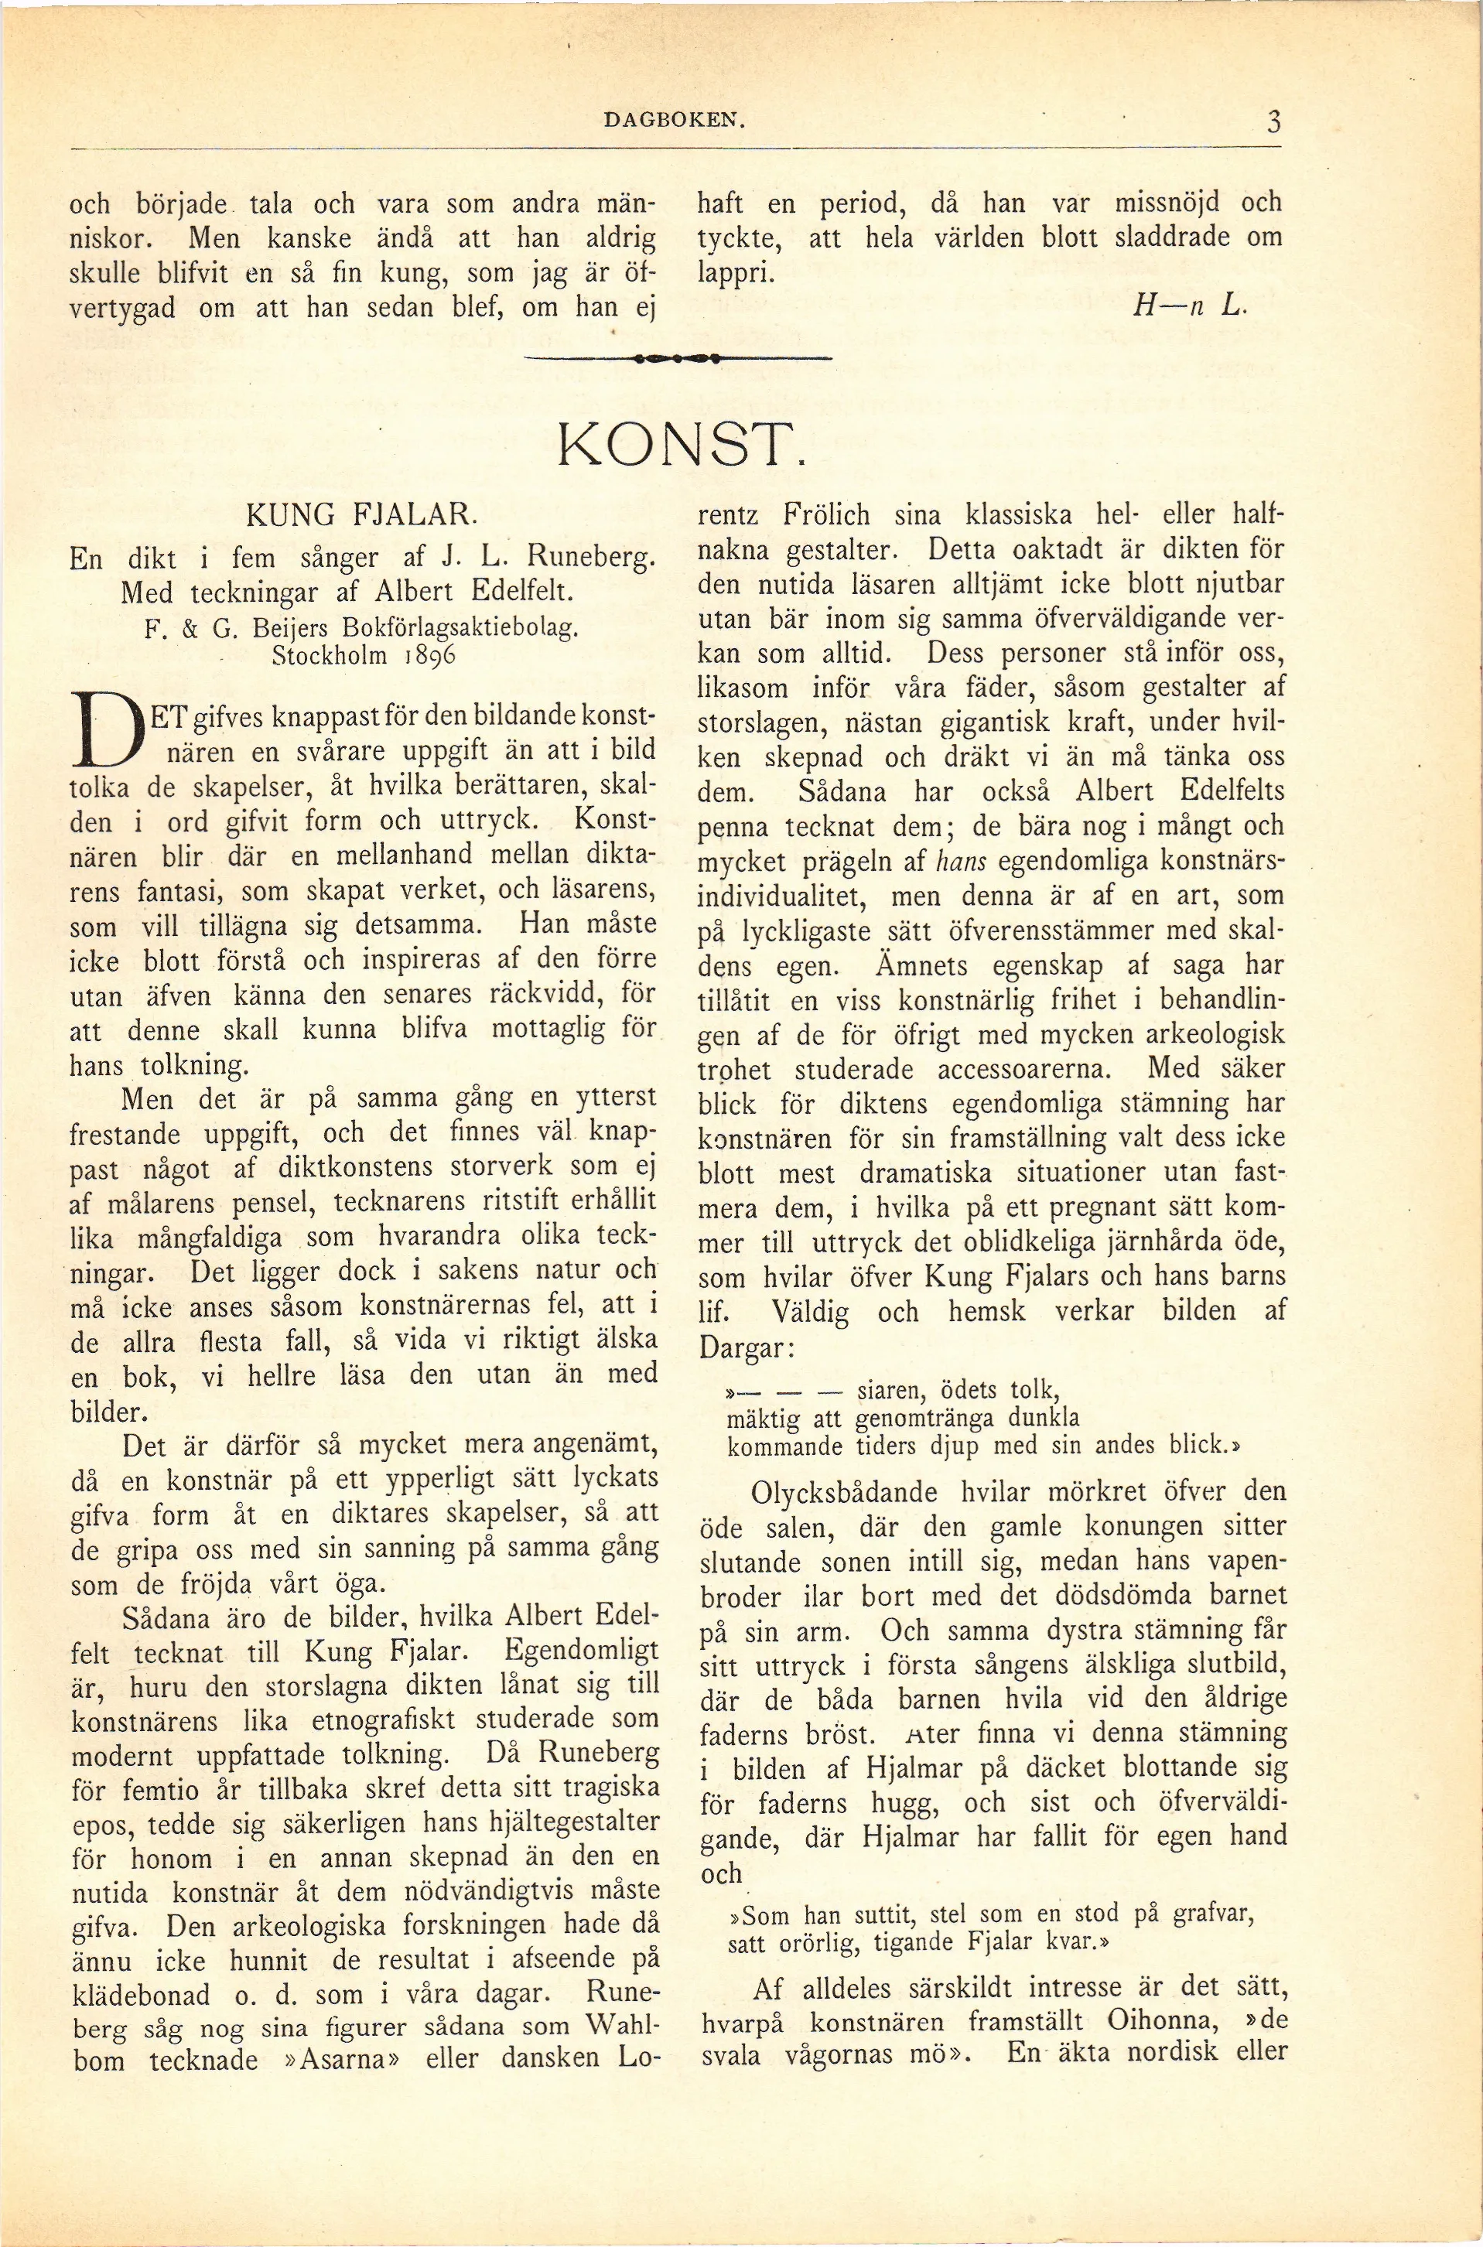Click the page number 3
point(1273,122)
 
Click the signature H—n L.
point(1191,306)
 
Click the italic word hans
point(960,861)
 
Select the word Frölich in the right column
point(825,517)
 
